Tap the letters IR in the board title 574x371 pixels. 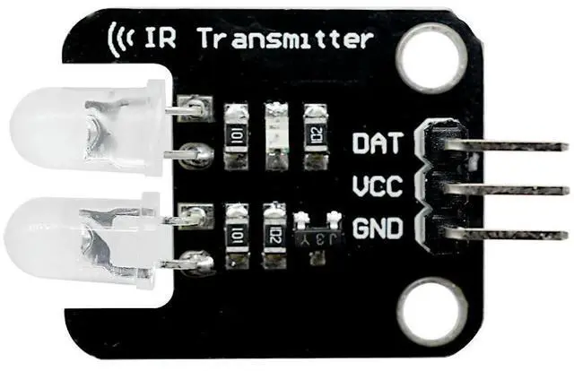pos(160,39)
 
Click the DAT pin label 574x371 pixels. pos(377,142)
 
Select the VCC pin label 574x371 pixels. pos(377,188)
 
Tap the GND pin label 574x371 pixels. pos(377,229)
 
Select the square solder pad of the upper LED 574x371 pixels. pos(189,108)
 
